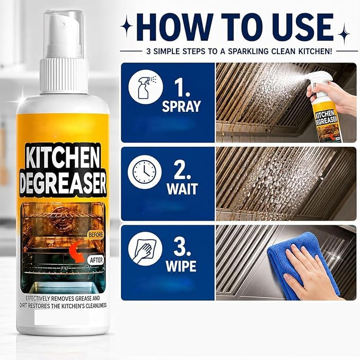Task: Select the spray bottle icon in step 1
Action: click(146, 87)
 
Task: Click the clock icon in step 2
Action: click(145, 172)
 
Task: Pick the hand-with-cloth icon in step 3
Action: click(145, 249)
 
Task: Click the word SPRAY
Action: click(181, 106)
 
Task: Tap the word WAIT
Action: click(182, 189)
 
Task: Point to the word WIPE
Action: click(181, 266)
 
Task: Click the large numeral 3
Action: click(181, 248)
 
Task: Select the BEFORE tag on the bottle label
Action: click(96, 235)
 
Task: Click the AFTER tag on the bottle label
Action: click(96, 260)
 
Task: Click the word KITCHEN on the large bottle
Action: click(63, 157)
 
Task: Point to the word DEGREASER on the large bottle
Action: click(63, 183)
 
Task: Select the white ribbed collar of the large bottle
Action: click(64, 76)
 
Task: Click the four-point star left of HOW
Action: click(127, 25)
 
